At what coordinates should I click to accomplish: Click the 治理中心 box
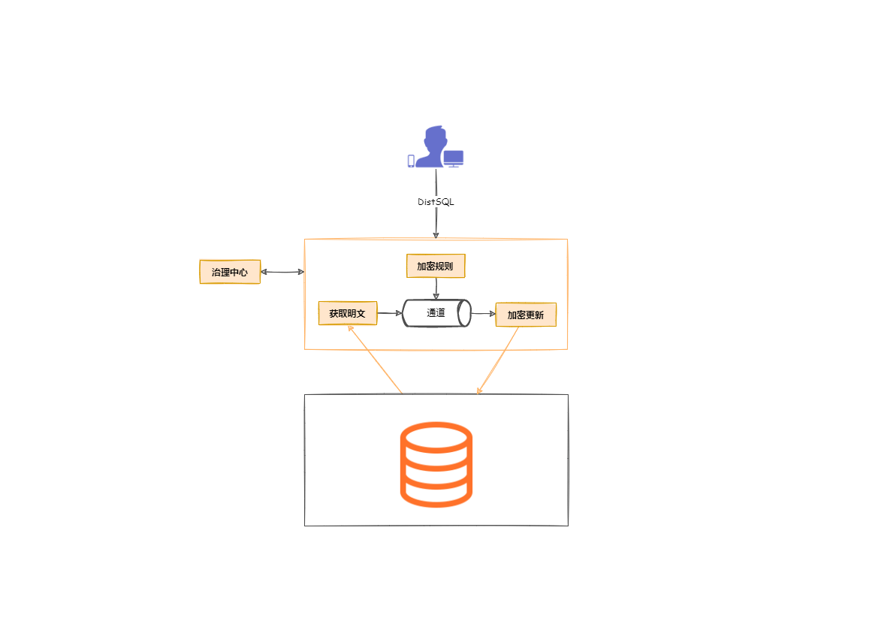point(230,272)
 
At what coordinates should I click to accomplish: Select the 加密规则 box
point(436,266)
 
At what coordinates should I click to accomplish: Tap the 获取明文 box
point(348,313)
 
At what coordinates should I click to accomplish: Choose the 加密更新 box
point(526,315)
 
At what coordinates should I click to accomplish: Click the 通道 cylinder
point(436,313)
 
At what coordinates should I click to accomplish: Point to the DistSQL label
point(436,202)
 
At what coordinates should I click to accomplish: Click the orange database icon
point(436,463)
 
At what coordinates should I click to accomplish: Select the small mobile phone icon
point(411,161)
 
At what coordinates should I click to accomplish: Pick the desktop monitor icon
point(454,158)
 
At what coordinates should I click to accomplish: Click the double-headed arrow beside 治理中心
point(282,272)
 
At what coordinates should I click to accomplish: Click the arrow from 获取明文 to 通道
point(390,313)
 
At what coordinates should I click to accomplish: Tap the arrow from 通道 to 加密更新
point(483,314)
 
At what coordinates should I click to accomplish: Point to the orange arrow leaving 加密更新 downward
point(498,360)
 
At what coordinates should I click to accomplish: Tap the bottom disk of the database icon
point(436,492)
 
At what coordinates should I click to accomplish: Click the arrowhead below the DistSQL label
point(436,234)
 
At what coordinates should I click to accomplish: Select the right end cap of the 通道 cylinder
point(466,313)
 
